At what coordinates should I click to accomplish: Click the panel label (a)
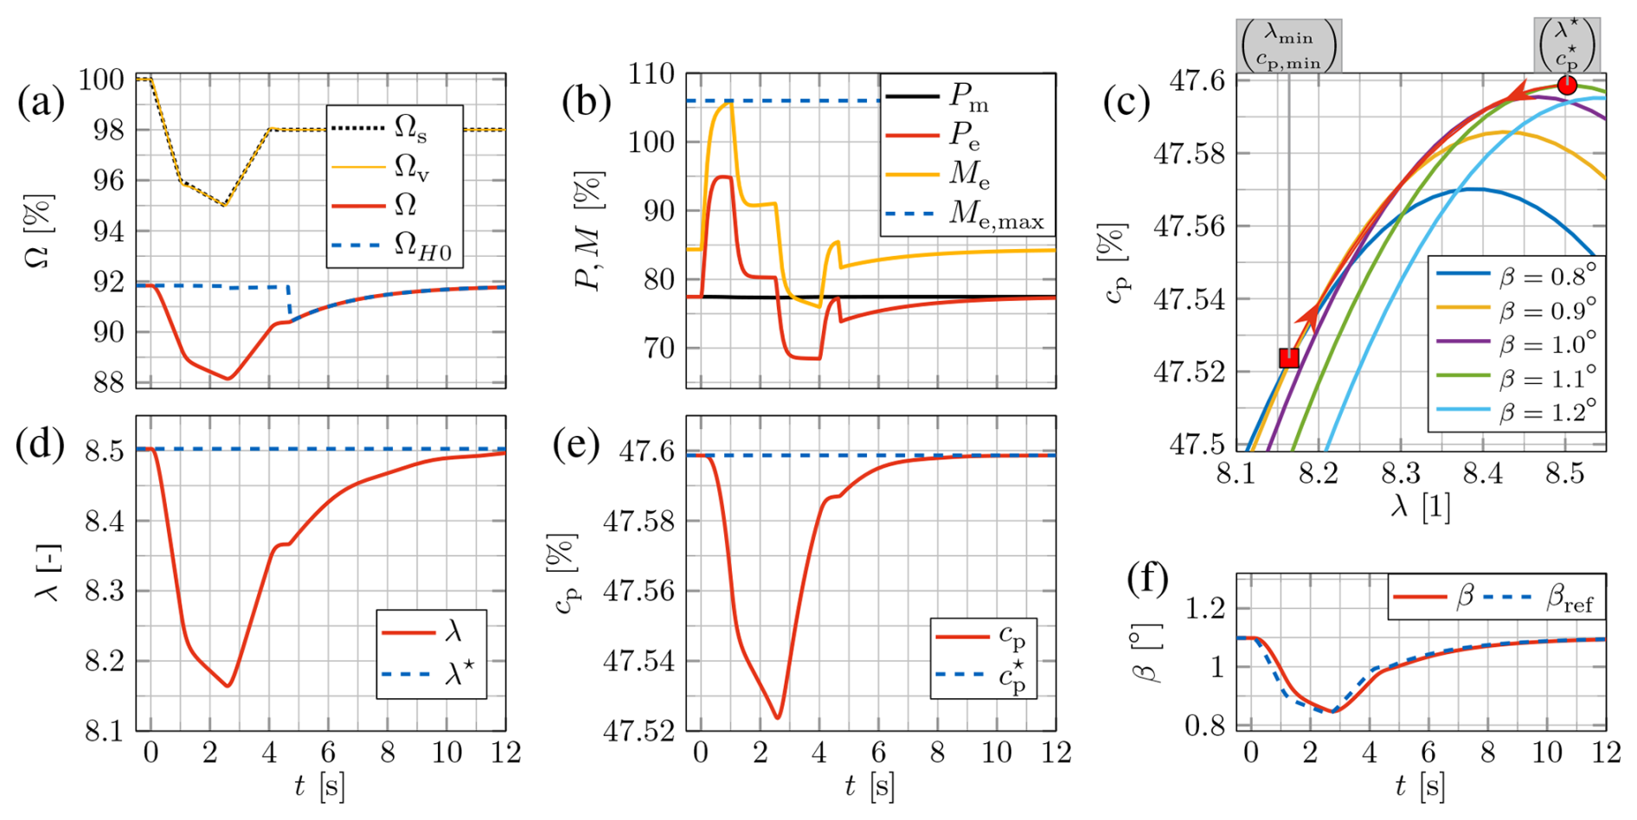coord(41,102)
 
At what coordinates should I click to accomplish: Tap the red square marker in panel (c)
coord(1289,357)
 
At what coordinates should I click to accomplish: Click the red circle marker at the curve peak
coord(1567,85)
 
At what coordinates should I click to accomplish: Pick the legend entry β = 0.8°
coord(1517,275)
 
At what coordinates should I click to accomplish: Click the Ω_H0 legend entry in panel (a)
coord(395,247)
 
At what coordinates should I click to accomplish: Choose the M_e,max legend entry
coord(965,214)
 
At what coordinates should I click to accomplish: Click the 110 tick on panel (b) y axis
coord(652,74)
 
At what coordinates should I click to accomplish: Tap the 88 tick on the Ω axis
coord(109,382)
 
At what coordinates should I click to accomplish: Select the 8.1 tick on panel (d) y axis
coord(105,731)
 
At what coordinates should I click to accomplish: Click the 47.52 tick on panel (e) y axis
coord(639,731)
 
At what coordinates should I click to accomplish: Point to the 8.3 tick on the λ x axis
coord(1401,474)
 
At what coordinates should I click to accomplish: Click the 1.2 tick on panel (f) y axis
coord(1205,608)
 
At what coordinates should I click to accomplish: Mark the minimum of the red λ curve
coord(228,686)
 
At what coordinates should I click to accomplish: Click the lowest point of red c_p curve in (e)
coord(778,717)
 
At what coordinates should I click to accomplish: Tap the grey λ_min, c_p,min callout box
coord(1288,46)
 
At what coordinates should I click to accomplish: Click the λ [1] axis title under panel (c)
coord(1420,506)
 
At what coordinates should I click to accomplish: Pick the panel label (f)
coord(1148,578)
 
